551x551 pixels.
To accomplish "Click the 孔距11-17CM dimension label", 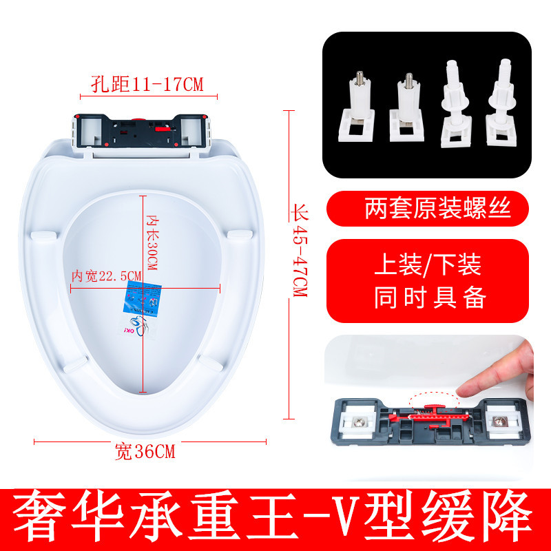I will tap(147, 84).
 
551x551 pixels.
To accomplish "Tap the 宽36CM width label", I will tap(145, 453).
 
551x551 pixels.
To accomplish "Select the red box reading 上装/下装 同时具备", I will tap(430, 281).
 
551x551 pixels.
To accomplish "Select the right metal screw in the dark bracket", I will tap(502, 419).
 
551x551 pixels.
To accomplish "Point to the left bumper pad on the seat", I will tap(43, 235).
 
